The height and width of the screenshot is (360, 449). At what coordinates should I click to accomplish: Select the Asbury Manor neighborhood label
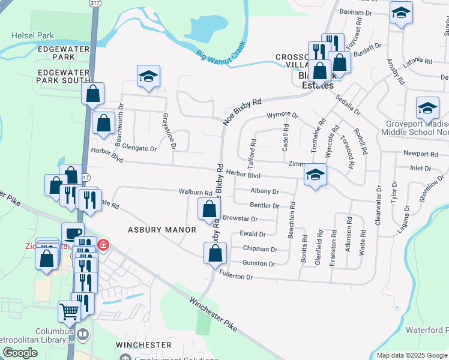(x=162, y=230)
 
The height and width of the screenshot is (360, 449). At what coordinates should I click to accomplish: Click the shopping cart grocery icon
(x=69, y=311)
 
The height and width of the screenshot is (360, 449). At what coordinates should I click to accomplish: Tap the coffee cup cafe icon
(x=73, y=233)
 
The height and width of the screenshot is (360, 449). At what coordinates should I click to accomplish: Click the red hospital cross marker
(x=103, y=245)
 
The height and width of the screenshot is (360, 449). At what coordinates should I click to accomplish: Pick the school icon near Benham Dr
(x=400, y=13)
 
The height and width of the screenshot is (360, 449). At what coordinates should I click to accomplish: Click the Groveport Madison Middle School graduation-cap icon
(x=427, y=108)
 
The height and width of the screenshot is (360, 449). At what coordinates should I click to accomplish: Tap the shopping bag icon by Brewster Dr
(x=209, y=209)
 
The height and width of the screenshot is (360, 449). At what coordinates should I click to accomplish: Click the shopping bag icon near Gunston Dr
(x=215, y=253)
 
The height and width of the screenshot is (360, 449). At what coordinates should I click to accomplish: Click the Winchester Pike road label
(x=214, y=316)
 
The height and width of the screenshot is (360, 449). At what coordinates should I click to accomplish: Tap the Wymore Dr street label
(x=282, y=114)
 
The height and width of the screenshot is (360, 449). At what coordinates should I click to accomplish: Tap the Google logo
(x=20, y=353)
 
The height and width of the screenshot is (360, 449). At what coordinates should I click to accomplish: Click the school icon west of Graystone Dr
(x=148, y=77)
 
